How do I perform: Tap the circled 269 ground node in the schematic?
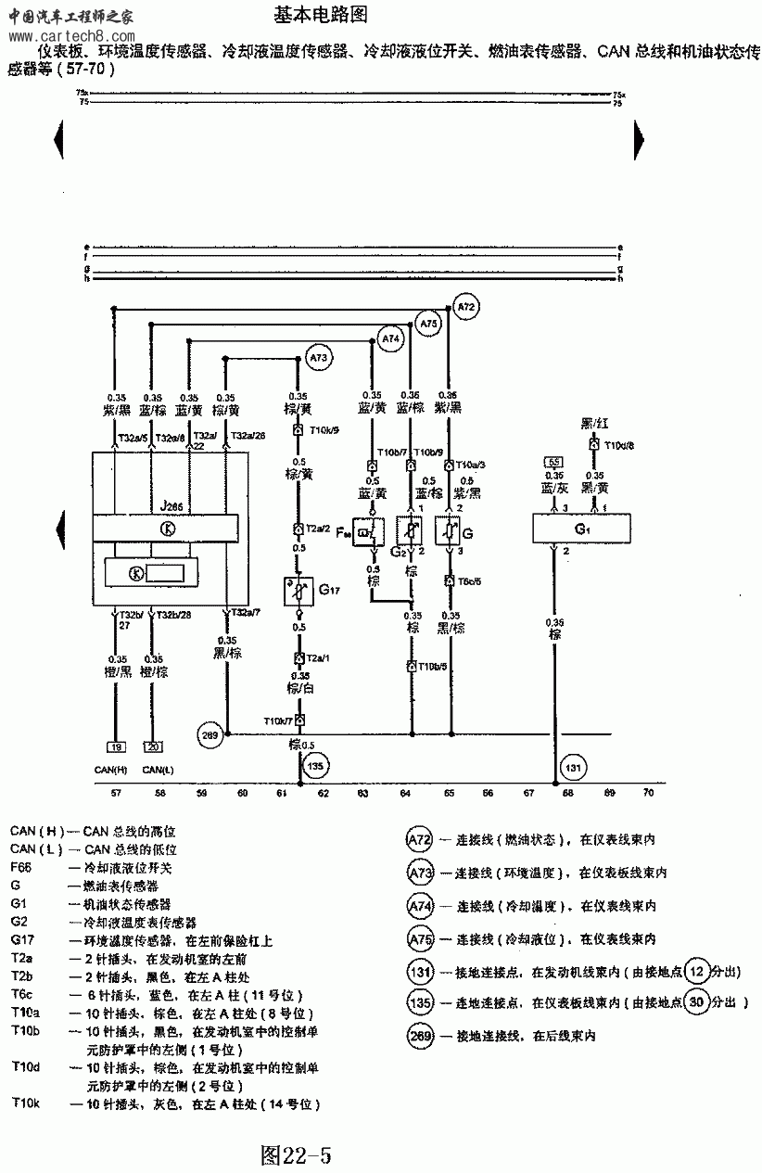211,735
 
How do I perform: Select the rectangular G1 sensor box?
582,529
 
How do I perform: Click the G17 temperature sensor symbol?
299,591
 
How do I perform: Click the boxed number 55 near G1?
554,461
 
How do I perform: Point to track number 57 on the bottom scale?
116,794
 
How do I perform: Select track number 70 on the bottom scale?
648,794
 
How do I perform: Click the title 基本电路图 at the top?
322,15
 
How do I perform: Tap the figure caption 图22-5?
296,1155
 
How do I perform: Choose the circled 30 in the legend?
698,1001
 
